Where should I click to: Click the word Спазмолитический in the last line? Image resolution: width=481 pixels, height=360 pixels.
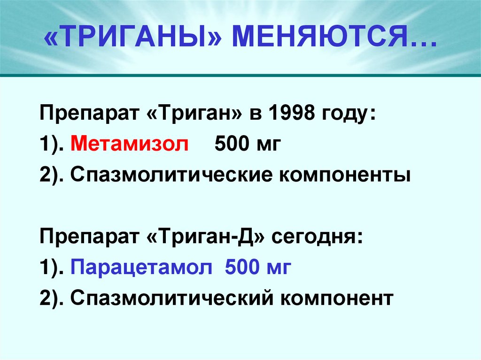tap(172, 298)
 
